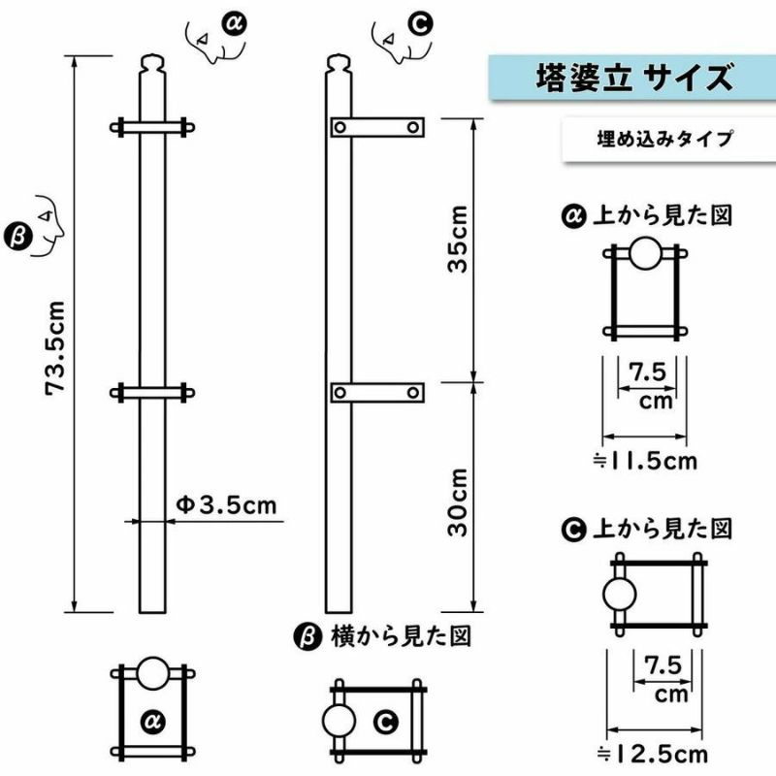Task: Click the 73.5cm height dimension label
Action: pyautogui.click(x=55, y=347)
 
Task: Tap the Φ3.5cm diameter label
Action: pyautogui.click(x=227, y=505)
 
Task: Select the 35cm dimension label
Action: pyautogui.click(x=457, y=239)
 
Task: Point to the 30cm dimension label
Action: pyautogui.click(x=457, y=502)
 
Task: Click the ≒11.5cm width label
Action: pyautogui.click(x=645, y=462)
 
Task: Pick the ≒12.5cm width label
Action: pyautogui.click(x=652, y=755)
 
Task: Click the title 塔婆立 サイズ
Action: pyautogui.click(x=634, y=78)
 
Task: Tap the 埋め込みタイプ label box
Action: pyautogui.click(x=668, y=139)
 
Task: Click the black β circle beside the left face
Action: pyautogui.click(x=17, y=237)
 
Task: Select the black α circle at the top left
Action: pyautogui.click(x=235, y=24)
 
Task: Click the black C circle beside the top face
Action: pyautogui.click(x=421, y=24)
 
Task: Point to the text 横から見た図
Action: pyautogui.click(x=402, y=636)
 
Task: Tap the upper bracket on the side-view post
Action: pyautogui.click(x=377, y=127)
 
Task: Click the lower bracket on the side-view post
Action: pyautogui.click(x=377, y=393)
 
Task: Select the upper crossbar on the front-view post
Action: pyautogui.click(x=152, y=128)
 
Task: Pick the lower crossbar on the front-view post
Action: pyautogui.click(x=152, y=393)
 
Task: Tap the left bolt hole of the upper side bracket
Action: pyautogui.click(x=340, y=127)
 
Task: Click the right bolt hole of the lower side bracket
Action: pyautogui.click(x=413, y=393)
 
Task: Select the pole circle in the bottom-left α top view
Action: pyautogui.click(x=153, y=673)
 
